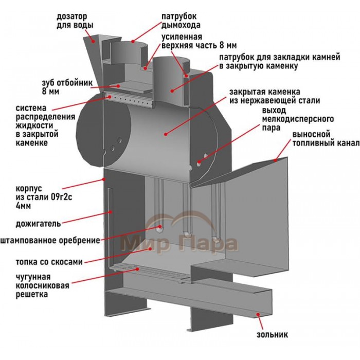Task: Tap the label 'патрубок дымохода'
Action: (181, 21)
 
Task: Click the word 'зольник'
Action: (272, 334)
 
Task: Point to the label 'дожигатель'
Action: (39, 224)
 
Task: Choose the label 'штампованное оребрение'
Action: (50, 240)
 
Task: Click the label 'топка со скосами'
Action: (49, 262)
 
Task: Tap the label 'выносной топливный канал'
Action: (326, 138)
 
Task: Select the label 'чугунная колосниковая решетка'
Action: (42, 285)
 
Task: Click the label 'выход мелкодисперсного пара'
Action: (298, 119)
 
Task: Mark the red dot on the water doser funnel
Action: (94, 41)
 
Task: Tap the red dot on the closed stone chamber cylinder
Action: (166, 134)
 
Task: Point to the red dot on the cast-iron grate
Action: (137, 269)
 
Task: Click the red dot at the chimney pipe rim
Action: (133, 42)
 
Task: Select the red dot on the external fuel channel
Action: (275, 160)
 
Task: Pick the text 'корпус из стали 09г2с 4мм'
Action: (44, 197)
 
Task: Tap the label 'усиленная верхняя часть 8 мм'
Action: (199, 41)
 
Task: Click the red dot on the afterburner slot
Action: (111, 212)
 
